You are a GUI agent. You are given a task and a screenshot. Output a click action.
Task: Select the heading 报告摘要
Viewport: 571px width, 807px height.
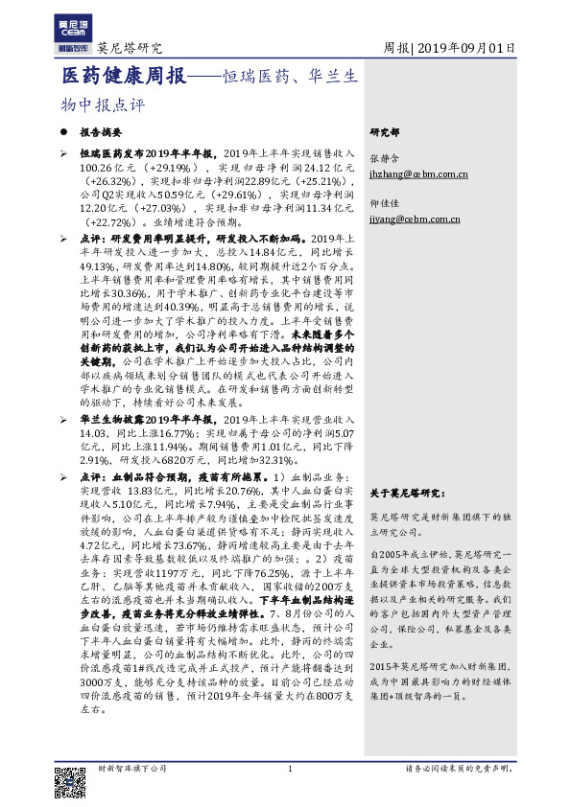101,133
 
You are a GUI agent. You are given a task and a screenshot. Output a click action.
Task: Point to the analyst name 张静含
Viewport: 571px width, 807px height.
383,158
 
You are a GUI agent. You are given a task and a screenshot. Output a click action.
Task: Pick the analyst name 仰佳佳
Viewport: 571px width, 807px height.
383,203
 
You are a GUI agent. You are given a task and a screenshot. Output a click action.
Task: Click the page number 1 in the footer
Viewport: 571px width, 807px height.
289,769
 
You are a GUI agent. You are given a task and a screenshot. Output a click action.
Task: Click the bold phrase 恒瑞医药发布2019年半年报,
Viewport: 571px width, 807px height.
149,152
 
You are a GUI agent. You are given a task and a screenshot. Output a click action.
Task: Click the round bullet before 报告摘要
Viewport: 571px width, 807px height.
64,133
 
